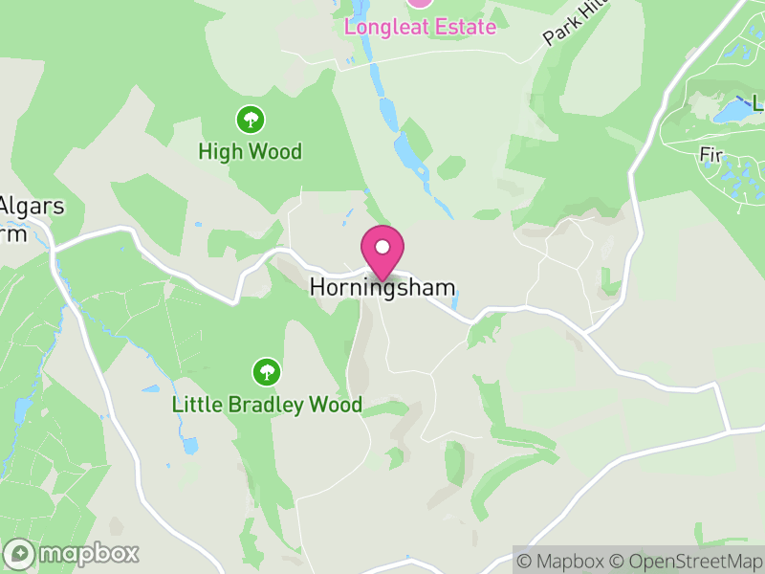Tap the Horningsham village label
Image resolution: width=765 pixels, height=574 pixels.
pyautogui.click(x=382, y=287)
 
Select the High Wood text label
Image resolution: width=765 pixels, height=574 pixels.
pyautogui.click(x=251, y=151)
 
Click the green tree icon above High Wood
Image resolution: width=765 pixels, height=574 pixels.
pyautogui.click(x=251, y=120)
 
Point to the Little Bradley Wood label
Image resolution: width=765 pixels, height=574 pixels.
pyautogui.click(x=267, y=405)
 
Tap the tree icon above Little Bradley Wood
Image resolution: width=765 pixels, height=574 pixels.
pyautogui.click(x=267, y=371)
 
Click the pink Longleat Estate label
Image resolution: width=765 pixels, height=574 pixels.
pyautogui.click(x=421, y=26)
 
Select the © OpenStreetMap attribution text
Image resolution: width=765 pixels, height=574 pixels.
pyautogui.click(x=686, y=561)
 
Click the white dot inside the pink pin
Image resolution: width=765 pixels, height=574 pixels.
pyautogui.click(x=382, y=247)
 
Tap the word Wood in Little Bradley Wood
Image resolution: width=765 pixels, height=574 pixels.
pyautogui.click(x=336, y=405)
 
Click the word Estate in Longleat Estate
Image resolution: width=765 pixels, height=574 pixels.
pyautogui.click(x=462, y=26)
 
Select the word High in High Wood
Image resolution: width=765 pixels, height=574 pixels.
pyautogui.click(x=219, y=151)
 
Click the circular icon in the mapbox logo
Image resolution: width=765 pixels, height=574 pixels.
pyautogui.click(x=20, y=554)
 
